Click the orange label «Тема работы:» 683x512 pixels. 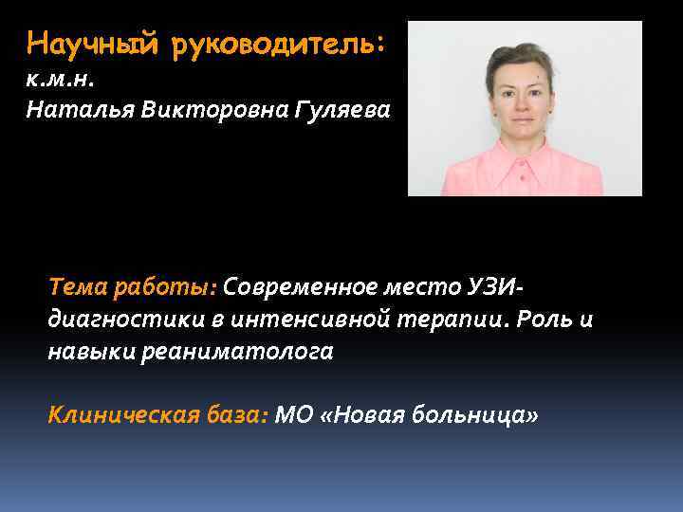coord(133,287)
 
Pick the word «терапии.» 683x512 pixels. coord(454,320)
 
